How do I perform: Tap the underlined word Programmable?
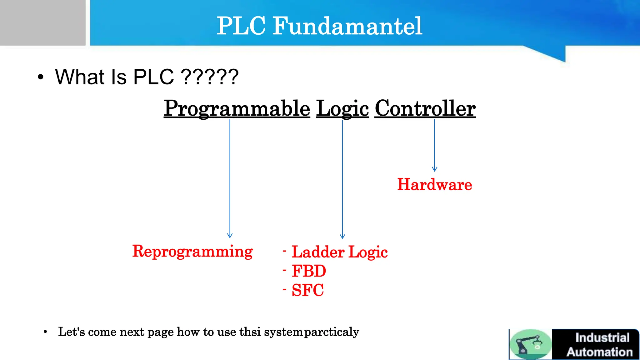tap(237, 108)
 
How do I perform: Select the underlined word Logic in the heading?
tap(342, 108)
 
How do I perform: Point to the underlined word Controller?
tap(425, 108)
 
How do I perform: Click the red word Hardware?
tap(434, 184)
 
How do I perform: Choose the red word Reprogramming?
tap(192, 251)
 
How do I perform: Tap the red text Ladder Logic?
tap(339, 252)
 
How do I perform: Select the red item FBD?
tap(309, 271)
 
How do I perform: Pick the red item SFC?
tap(307, 290)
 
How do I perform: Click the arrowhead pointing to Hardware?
tap(434, 169)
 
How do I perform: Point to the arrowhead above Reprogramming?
tap(230, 236)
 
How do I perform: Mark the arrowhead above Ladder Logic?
tap(342, 236)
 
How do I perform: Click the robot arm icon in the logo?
tap(530, 344)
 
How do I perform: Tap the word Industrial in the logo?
tap(602, 338)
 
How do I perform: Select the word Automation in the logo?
tap(599, 352)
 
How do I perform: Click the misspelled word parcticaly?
tap(332, 332)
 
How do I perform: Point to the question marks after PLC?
tap(210, 77)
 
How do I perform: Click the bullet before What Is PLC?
tap(40, 77)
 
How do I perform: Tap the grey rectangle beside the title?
tap(42, 22)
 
